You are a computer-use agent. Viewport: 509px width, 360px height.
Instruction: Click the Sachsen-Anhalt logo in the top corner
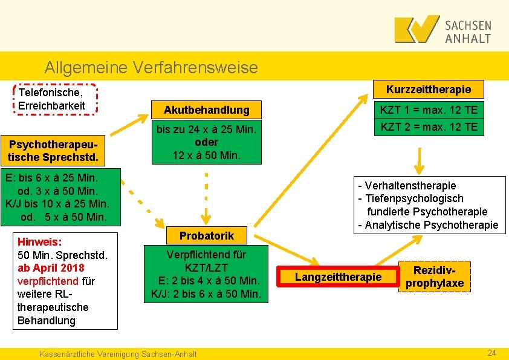click(443, 29)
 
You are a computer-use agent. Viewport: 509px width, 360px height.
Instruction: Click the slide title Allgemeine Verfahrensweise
click(151, 67)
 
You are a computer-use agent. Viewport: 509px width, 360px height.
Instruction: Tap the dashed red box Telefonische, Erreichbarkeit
click(54, 99)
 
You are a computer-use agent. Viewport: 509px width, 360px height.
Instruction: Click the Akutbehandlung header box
click(207, 110)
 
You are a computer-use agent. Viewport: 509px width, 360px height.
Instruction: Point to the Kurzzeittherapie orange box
click(428, 90)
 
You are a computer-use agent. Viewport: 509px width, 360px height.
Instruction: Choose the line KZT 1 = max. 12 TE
click(428, 110)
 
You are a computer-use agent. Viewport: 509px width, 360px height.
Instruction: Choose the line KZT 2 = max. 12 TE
click(428, 126)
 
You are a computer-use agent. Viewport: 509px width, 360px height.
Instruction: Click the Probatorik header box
click(206, 235)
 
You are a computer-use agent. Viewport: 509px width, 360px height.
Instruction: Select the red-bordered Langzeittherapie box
click(338, 277)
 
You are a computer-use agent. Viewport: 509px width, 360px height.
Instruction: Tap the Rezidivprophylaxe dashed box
click(434, 277)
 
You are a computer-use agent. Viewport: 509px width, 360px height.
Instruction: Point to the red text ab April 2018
click(51, 268)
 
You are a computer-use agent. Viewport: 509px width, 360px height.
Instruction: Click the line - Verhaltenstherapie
click(407, 186)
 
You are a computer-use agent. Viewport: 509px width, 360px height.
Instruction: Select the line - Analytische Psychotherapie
click(428, 225)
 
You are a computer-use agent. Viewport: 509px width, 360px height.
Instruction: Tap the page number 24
click(491, 353)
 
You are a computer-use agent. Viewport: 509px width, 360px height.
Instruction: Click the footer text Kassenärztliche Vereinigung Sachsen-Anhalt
click(117, 353)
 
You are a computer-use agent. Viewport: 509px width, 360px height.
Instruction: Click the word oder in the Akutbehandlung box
click(206, 142)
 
